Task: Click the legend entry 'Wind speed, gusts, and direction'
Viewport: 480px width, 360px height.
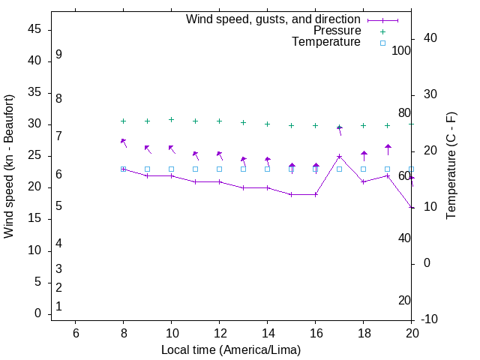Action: (x=274, y=19)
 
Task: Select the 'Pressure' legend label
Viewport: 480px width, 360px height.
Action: (x=337, y=31)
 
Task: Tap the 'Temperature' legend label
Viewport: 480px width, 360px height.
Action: (x=326, y=42)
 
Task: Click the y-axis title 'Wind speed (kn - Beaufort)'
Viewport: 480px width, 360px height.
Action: (x=9, y=166)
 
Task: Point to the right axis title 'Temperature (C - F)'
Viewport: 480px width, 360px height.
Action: (x=451, y=166)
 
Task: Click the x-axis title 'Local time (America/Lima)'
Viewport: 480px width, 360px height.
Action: (x=231, y=349)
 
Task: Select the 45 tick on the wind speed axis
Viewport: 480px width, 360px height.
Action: (x=34, y=29)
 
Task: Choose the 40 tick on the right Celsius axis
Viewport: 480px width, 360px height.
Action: (x=430, y=38)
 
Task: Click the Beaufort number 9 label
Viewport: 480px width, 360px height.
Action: (x=58, y=55)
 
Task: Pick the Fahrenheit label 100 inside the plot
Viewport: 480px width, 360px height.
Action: (x=401, y=51)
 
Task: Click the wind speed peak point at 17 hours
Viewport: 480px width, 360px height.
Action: (x=339, y=156)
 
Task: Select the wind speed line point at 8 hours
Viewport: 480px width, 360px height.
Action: (x=124, y=169)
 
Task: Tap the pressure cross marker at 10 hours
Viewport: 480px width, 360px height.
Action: (x=172, y=119)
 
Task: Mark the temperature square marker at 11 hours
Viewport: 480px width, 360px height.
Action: (x=196, y=169)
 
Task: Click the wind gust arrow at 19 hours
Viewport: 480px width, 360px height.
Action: (x=388, y=148)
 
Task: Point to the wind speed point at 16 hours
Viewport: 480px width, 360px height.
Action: (x=316, y=194)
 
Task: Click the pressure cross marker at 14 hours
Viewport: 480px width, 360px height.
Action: (x=267, y=124)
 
